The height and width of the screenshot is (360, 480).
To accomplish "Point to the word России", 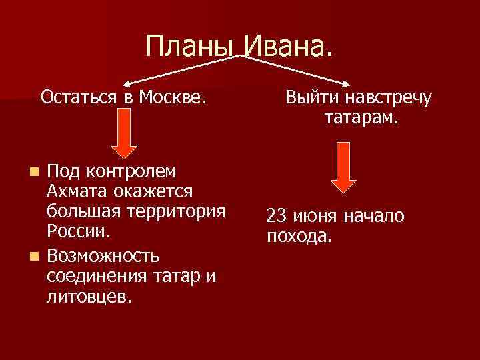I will [x=77, y=233].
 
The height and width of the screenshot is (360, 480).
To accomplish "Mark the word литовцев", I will [x=89, y=296].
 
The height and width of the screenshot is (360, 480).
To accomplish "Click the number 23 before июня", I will [x=276, y=216].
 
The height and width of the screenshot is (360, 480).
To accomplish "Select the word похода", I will [x=298, y=236].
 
